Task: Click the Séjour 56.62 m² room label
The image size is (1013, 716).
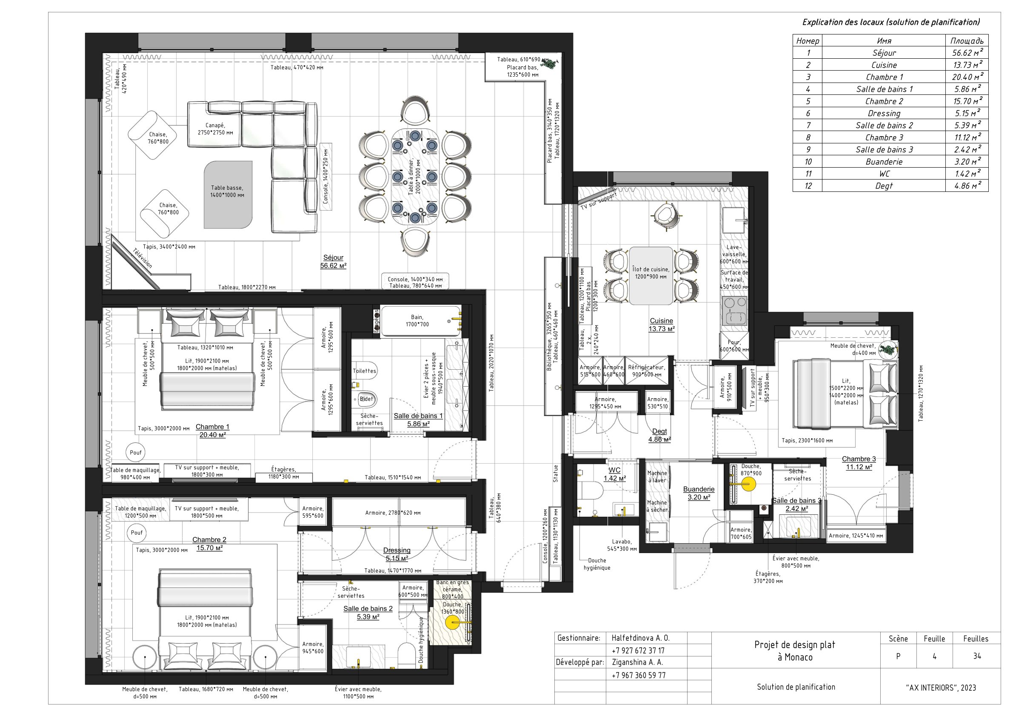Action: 333,262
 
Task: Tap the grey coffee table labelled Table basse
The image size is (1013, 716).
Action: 228,194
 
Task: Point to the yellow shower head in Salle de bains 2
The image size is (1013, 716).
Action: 452,622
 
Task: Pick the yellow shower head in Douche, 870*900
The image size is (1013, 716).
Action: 748,485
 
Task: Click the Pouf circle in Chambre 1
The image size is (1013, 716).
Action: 136,452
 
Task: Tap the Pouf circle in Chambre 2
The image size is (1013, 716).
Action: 137,533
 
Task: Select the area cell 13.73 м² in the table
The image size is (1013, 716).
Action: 967,65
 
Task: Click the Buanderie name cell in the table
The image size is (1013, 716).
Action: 884,162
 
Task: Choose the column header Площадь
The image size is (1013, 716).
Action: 967,40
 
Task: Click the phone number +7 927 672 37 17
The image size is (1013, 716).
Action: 638,650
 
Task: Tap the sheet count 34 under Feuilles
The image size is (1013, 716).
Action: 977,656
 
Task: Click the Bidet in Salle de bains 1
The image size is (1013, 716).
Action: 366,399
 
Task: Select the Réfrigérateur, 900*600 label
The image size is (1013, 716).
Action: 646,371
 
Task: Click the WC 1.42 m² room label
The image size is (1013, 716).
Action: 614,474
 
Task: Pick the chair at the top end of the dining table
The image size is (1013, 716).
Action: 415,111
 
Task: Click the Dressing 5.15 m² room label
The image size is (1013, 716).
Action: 397,554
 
